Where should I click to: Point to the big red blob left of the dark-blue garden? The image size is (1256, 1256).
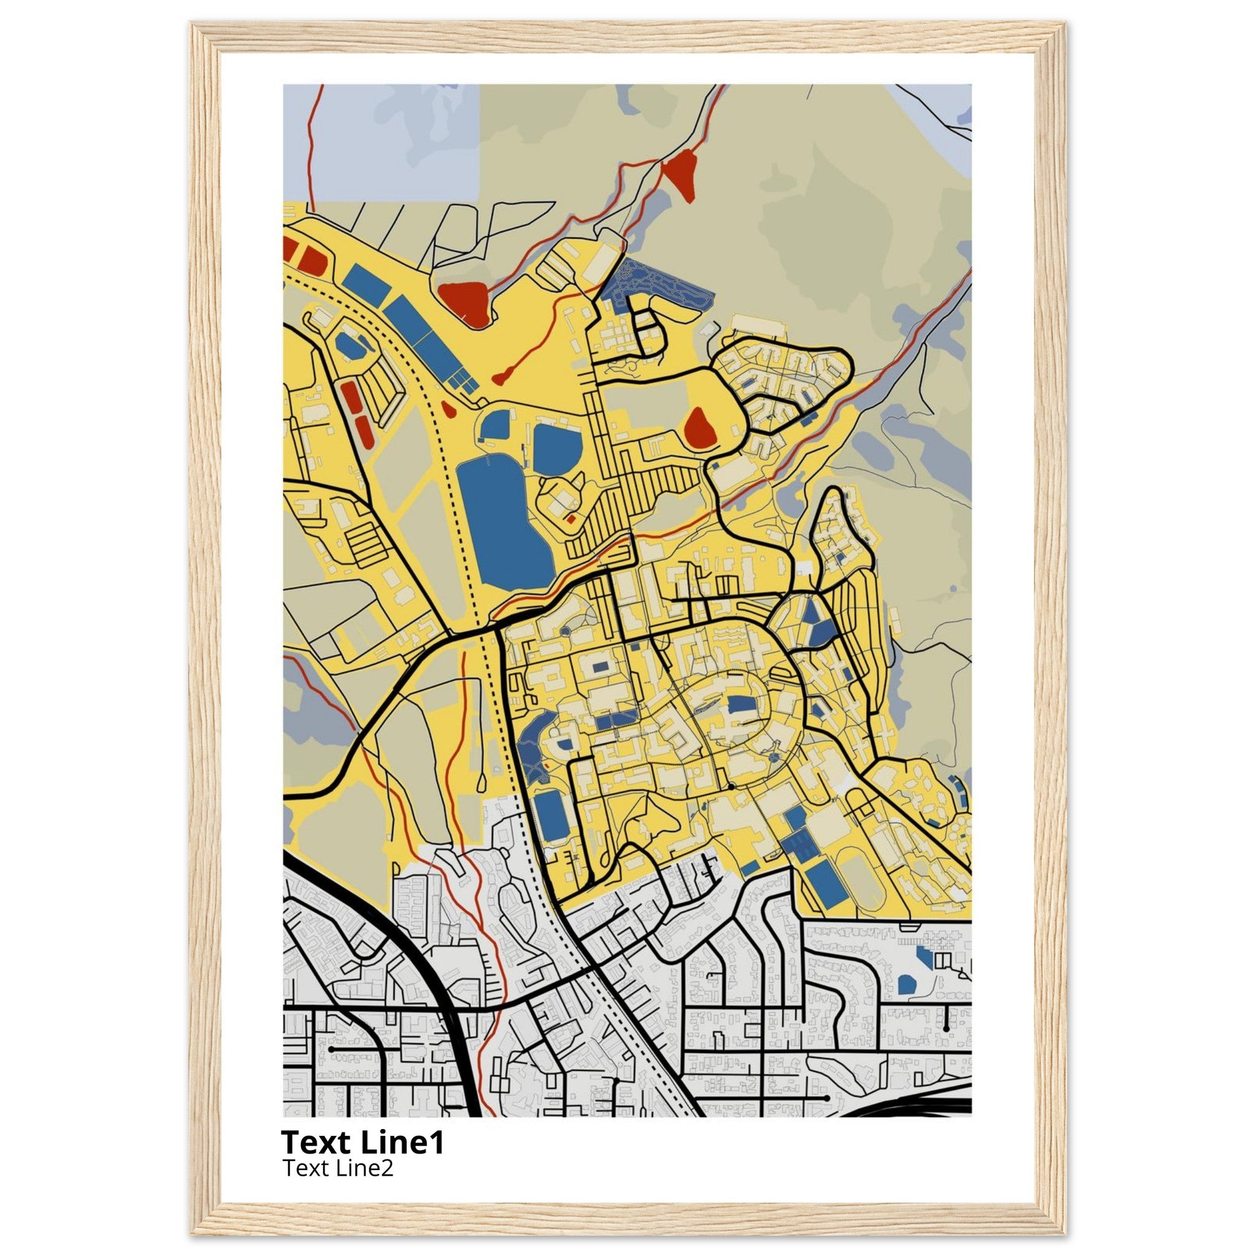point(465,302)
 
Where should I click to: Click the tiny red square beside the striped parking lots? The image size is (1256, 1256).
point(571,519)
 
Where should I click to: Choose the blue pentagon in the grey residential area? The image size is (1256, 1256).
point(906,984)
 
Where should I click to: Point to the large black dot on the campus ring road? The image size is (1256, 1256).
point(730,787)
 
